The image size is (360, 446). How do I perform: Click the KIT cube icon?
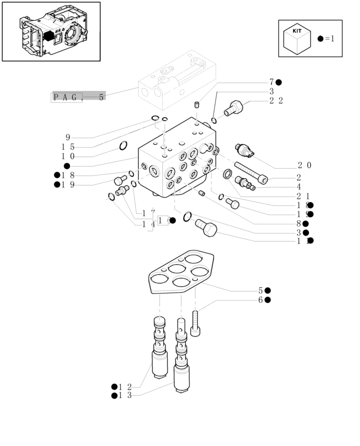click(297, 40)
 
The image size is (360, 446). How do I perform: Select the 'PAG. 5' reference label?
click(78, 97)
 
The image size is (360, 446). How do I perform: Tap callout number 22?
click(276, 101)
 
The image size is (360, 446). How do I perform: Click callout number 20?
click(304, 165)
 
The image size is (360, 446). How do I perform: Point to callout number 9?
click(68, 137)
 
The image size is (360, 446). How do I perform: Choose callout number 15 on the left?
click(68, 147)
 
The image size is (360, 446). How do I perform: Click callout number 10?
click(68, 156)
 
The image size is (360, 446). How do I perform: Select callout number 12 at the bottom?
click(125, 387)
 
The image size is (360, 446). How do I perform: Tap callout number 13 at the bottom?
click(125, 395)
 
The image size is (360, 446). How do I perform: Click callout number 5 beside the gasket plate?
click(260, 291)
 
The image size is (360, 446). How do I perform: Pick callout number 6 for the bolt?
click(260, 300)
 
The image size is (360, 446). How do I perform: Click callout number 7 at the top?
click(271, 82)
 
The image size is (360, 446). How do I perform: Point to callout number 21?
click(303, 196)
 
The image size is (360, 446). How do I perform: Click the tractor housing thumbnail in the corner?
click(51, 32)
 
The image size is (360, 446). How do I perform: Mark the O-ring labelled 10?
click(123, 145)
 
